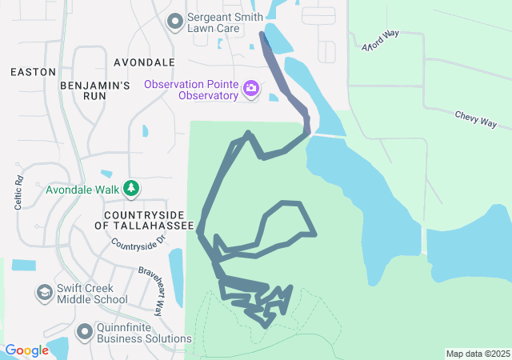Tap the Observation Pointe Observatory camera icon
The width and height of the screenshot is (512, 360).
pos(251,87)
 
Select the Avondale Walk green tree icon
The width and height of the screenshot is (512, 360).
pos(131,190)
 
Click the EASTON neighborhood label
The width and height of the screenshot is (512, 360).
pos(33,72)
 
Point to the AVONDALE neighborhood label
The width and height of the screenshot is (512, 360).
pos(144,62)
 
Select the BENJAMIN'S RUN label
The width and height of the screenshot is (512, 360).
pos(94,90)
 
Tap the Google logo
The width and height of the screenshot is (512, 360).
pos(26,350)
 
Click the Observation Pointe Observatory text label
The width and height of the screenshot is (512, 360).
pos(192,90)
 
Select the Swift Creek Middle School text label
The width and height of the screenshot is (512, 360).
pos(92,294)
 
